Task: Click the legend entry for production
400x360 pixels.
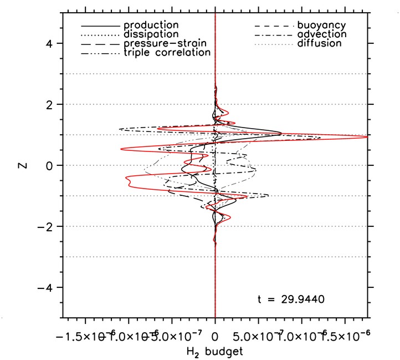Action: pos(151,26)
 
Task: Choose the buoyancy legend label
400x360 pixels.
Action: pos(321,26)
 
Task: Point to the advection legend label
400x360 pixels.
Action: pos(321,34)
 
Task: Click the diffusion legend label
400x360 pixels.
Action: pos(319,43)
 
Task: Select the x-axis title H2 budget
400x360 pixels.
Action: pos(215,352)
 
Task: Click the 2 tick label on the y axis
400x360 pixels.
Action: pos(48,104)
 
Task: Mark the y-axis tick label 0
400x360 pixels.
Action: pos(48,165)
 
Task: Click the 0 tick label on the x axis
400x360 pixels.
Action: pos(215,336)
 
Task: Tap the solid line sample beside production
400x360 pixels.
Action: pos(100,26)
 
